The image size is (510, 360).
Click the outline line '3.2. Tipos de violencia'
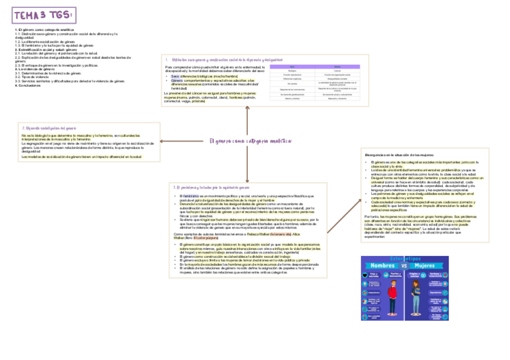32,77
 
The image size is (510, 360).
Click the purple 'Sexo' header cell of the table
292,66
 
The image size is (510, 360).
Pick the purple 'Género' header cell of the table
337,66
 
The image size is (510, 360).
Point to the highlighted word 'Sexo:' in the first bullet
175,77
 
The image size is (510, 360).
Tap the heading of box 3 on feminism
210,188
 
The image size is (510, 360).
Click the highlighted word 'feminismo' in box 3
190,196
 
